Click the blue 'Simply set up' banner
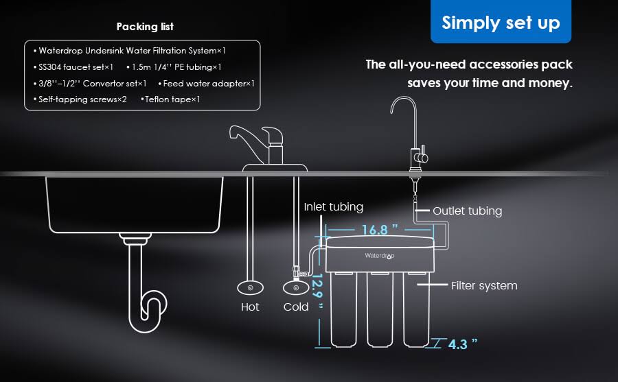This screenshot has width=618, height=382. pyautogui.click(x=501, y=23)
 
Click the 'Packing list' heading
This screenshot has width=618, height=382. pyautogui.click(x=145, y=27)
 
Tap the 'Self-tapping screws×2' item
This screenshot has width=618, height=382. pyautogui.click(x=80, y=99)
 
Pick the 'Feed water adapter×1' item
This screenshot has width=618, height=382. pyautogui.click(x=207, y=83)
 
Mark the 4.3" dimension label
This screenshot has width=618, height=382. pyautogui.click(x=462, y=344)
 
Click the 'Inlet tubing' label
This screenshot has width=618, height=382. pyautogui.click(x=334, y=206)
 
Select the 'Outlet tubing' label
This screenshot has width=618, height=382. pyautogui.click(x=467, y=211)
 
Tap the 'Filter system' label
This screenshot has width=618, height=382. pyautogui.click(x=484, y=285)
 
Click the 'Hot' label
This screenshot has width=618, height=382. pyautogui.click(x=250, y=307)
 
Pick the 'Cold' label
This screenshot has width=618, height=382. pyautogui.click(x=296, y=307)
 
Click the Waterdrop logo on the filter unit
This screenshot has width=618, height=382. pyautogui.click(x=380, y=255)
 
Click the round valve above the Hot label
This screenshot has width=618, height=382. pyautogui.click(x=249, y=287)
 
